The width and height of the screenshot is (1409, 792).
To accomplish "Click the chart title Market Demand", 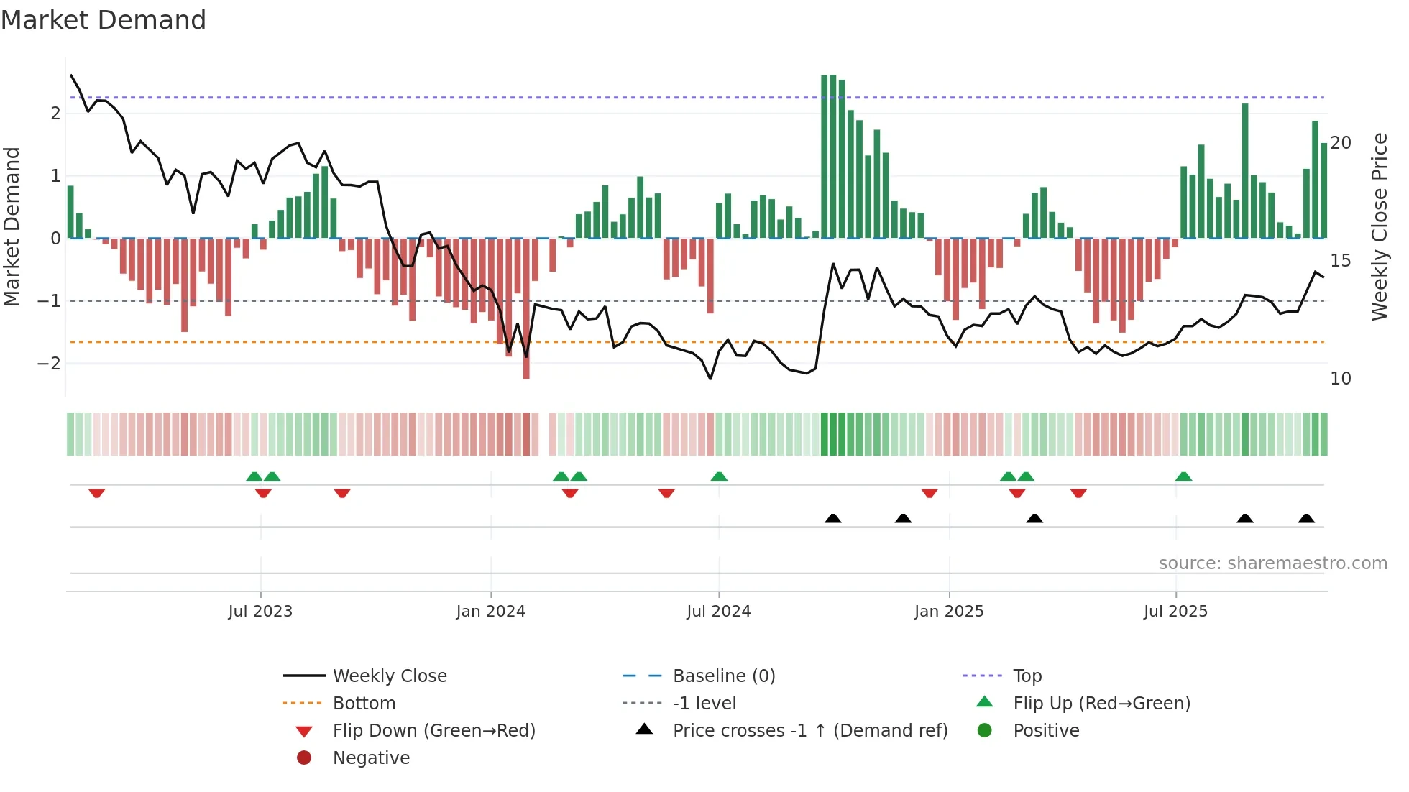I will pyautogui.click(x=104, y=20).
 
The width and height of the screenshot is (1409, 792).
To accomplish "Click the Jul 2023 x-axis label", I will pyautogui.click(x=260, y=612).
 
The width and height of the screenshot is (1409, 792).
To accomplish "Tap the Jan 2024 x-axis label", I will pyautogui.click(x=490, y=612).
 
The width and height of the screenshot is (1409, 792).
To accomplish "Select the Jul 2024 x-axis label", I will pyautogui.click(x=718, y=612).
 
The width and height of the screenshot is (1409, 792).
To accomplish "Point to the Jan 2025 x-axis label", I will pyautogui.click(x=949, y=612).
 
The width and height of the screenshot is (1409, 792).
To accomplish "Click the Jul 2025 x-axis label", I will pyautogui.click(x=1175, y=612).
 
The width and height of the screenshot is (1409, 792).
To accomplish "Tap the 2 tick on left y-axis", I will pyautogui.click(x=55, y=114).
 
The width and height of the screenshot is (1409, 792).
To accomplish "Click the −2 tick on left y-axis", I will pyautogui.click(x=50, y=364).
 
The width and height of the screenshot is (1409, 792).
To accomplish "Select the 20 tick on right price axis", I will pyautogui.click(x=1341, y=143).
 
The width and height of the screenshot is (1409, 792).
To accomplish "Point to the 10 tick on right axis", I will pyautogui.click(x=1341, y=379).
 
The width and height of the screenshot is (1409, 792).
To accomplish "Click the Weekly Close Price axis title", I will pyautogui.click(x=1379, y=226).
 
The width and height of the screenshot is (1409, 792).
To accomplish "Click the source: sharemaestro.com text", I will pyautogui.click(x=1272, y=563).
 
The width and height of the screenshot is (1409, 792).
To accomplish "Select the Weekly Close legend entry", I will pyautogui.click(x=389, y=676).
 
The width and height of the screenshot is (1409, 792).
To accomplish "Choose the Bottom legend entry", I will pyautogui.click(x=364, y=704).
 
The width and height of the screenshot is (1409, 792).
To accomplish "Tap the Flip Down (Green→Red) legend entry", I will pyautogui.click(x=433, y=731).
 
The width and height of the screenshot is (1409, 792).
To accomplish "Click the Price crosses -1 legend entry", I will pyautogui.click(x=809, y=731).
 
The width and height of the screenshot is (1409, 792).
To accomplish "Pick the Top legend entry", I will pyautogui.click(x=1027, y=676).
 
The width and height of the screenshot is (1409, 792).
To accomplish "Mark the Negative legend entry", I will pyautogui.click(x=371, y=758).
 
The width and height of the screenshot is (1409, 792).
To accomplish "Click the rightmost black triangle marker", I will pyautogui.click(x=1306, y=519).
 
